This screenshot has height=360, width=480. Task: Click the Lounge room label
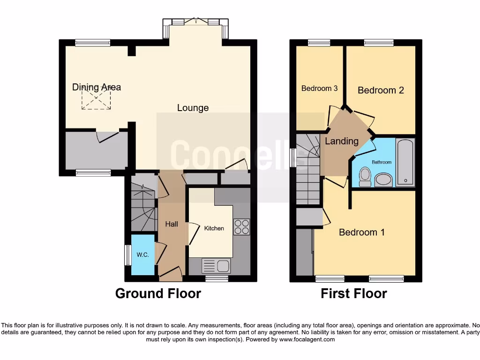[193, 108]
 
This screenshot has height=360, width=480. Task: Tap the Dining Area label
[97, 87]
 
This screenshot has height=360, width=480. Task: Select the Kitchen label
[214, 228]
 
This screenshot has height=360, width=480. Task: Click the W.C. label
[142, 255]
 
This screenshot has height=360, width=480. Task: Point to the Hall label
[172, 224]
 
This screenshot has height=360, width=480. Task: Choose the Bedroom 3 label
[319, 88]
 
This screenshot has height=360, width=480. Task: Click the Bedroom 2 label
[381, 90]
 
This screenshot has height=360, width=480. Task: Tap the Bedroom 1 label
[362, 232]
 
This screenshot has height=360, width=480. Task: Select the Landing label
[342, 141]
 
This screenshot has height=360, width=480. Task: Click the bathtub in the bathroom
[405, 162]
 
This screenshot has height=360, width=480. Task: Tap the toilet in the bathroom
[364, 177]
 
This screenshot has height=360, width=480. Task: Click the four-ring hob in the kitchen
[241, 227]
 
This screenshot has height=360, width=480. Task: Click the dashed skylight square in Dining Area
[97, 99]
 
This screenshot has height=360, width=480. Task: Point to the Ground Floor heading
[158, 293]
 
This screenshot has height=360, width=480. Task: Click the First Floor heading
[353, 293]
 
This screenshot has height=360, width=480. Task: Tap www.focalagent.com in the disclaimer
[307, 339]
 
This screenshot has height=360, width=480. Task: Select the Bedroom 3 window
[319, 43]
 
